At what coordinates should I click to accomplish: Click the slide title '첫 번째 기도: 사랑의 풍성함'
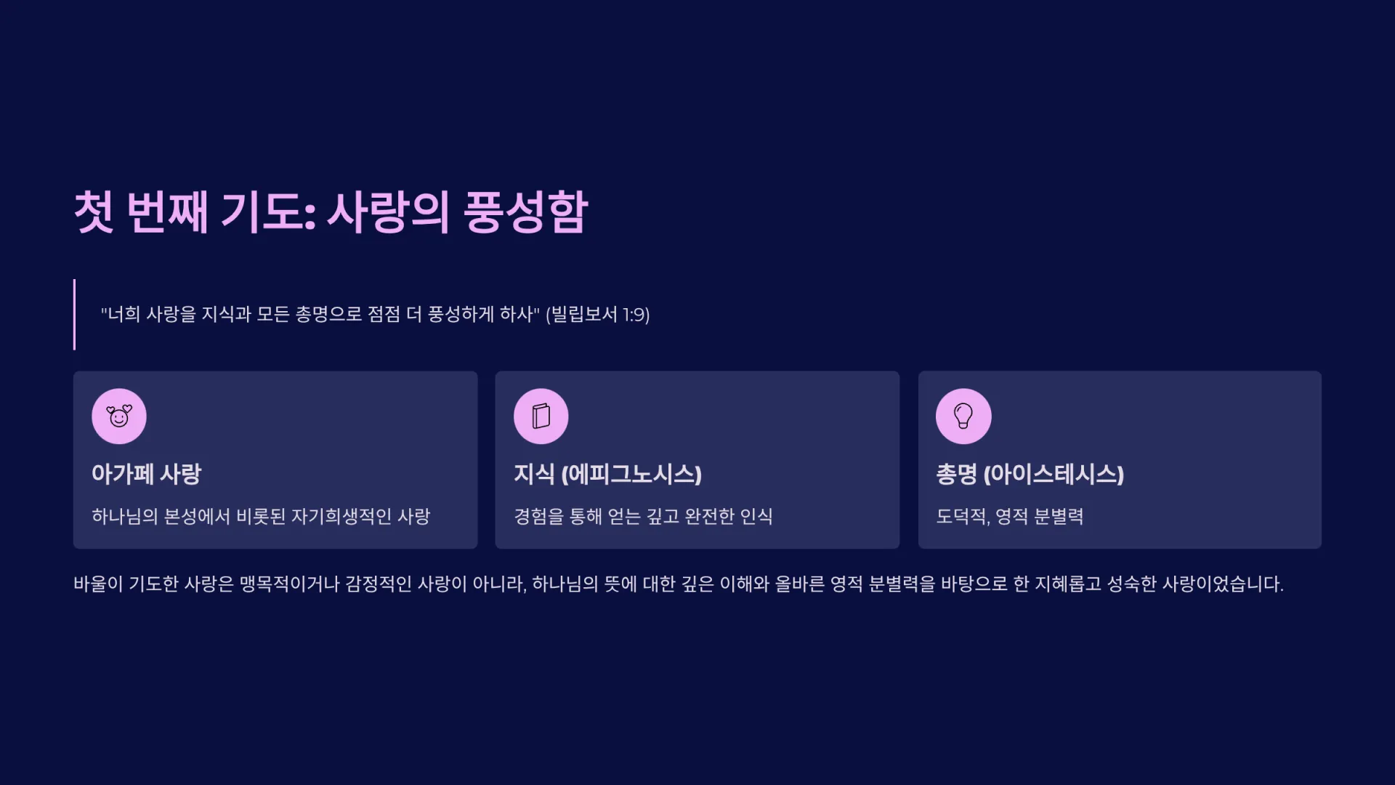pyautogui.click(x=331, y=212)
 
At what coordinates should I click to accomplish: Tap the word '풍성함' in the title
pyautogui.click(x=525, y=212)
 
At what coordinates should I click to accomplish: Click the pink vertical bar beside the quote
pyautogui.click(x=74, y=314)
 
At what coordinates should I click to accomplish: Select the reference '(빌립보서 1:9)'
pyautogui.click(x=597, y=314)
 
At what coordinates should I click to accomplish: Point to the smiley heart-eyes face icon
pyautogui.click(x=119, y=416)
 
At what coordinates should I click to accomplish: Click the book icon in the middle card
pyautogui.click(x=541, y=416)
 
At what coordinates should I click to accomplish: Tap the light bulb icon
pyautogui.click(x=963, y=416)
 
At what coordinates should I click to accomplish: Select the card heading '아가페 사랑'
pyautogui.click(x=146, y=474)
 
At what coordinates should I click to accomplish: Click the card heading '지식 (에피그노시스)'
pyautogui.click(x=607, y=474)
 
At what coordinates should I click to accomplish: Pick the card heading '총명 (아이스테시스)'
pyautogui.click(x=1030, y=474)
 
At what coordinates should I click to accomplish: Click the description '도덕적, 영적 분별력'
pyautogui.click(x=1010, y=516)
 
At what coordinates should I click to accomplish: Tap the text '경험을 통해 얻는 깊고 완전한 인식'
pyautogui.click(x=643, y=516)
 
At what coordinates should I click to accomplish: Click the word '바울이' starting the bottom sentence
pyautogui.click(x=98, y=584)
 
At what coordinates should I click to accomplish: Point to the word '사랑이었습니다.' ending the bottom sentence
pyautogui.click(x=1223, y=584)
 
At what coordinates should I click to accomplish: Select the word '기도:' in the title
pyautogui.click(x=268, y=212)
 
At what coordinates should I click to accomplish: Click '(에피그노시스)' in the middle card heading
pyautogui.click(x=631, y=474)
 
